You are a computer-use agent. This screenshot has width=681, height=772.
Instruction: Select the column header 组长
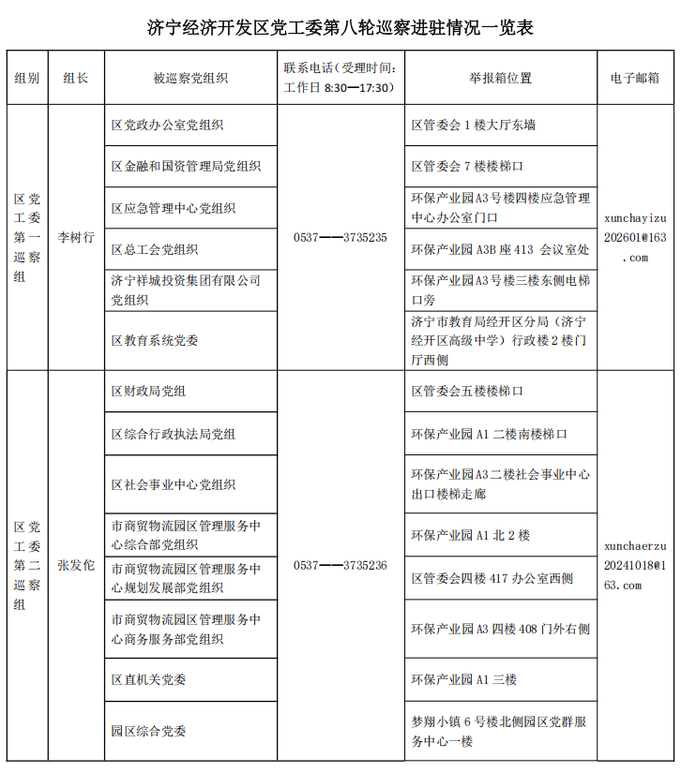[76, 78]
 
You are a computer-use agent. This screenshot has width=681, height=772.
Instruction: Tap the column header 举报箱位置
[500, 78]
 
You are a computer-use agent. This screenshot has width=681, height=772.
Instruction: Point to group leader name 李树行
[76, 238]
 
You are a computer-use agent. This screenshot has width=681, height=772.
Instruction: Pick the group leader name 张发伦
[76, 565]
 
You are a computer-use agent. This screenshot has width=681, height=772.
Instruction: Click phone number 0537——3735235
[340, 238]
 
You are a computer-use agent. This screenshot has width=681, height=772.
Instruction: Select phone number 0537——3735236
[340, 565]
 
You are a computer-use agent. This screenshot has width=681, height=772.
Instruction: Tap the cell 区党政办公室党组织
[167, 125]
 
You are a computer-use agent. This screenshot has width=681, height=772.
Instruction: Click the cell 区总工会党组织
[155, 249]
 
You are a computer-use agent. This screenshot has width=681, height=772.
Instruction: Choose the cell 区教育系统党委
[155, 340]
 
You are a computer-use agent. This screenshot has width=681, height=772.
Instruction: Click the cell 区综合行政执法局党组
[174, 434]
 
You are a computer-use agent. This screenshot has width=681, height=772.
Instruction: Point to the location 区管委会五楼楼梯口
[467, 392]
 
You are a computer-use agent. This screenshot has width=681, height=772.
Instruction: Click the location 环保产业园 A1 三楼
[464, 679]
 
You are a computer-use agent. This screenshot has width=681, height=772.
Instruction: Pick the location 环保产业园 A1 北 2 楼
[471, 535]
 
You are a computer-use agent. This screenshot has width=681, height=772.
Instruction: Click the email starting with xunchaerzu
[635, 565]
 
